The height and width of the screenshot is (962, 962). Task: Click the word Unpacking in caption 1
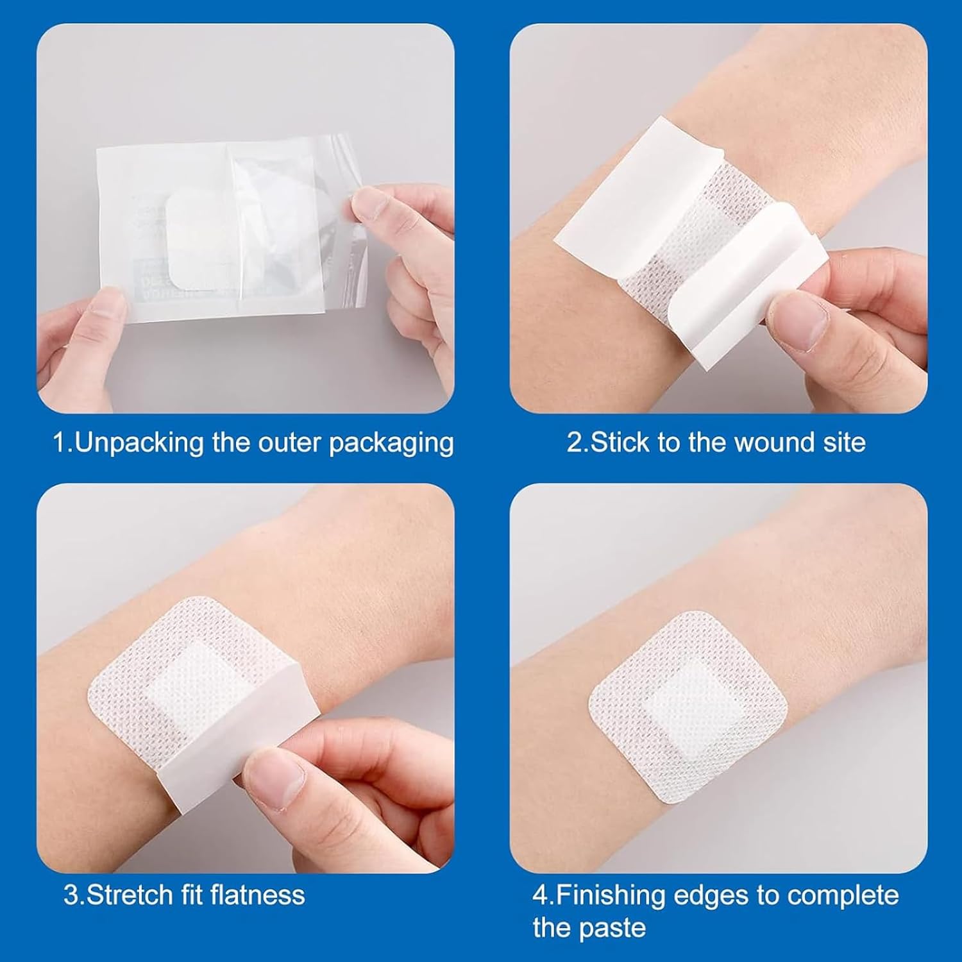tap(140, 443)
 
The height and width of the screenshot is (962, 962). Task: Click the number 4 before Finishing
tap(540, 895)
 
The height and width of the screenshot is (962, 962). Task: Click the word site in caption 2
tap(844, 443)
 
